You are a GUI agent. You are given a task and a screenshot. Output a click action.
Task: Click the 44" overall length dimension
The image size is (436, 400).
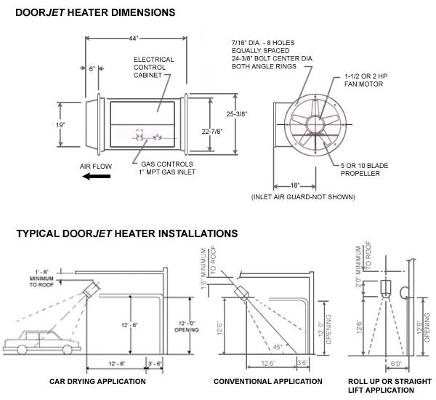pyautogui.click(x=134, y=39)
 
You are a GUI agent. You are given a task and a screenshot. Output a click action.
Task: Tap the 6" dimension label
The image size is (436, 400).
pyautogui.click(x=92, y=69)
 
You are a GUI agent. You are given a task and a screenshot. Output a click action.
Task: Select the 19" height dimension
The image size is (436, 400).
pyautogui.click(x=60, y=125)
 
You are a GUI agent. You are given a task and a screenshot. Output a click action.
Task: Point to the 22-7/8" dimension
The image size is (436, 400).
pyautogui.click(x=212, y=131)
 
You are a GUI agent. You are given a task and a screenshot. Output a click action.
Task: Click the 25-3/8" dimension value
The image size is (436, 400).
pyautogui.click(x=237, y=113)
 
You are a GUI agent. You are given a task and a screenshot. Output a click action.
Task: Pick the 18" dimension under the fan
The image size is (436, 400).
pyautogui.click(x=295, y=185)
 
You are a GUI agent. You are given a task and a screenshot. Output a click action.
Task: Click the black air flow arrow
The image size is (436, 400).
pyautogui.click(x=97, y=176)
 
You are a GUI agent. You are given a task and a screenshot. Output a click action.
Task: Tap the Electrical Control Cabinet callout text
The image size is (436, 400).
pyautogui.click(x=153, y=68)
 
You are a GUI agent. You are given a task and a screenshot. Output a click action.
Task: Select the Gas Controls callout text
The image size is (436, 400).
pyautogui.click(x=167, y=168)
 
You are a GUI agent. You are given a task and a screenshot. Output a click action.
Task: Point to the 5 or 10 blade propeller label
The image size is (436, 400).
pyautogui.click(x=364, y=169)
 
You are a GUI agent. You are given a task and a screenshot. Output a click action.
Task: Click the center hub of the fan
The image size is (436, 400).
pyautogui.click(x=315, y=124)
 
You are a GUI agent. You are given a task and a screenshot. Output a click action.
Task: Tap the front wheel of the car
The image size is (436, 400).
pyautogui.click(x=22, y=349)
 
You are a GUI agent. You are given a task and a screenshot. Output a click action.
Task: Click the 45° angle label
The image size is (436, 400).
pyautogui.click(x=278, y=347)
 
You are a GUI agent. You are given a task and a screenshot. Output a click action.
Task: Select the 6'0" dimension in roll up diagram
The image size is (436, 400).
pyautogui.click(x=396, y=364)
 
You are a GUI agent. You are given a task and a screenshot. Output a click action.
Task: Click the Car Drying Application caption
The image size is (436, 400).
pyautogui.click(x=97, y=381)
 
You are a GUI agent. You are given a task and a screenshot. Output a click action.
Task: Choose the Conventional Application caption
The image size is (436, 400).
pyautogui.click(x=267, y=381)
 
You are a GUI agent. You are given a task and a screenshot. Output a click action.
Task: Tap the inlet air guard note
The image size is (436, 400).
pyautogui.click(x=303, y=197)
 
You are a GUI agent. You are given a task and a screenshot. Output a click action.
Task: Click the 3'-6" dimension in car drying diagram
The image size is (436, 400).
pyautogui.click(x=155, y=364)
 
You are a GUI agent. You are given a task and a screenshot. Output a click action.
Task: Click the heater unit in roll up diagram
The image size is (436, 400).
pyautogui.click(x=386, y=289)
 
